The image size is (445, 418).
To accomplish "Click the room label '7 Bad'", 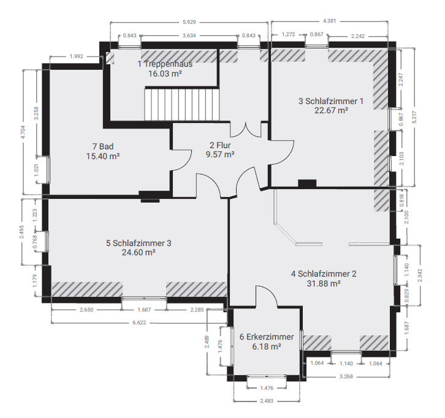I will (103, 146).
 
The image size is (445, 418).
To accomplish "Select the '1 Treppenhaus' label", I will (165, 64).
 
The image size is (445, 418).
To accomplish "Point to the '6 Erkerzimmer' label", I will (267, 337).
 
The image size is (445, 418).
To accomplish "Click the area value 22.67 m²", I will (331, 111).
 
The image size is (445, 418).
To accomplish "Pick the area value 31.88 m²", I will (323, 283).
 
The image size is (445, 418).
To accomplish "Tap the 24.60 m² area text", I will (139, 252).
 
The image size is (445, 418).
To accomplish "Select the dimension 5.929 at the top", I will (189, 23).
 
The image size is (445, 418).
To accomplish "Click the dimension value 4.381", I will (330, 21).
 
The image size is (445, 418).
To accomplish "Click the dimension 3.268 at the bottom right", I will (346, 376).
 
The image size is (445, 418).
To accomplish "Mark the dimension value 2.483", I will (266, 401).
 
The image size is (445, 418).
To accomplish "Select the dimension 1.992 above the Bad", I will (76, 56).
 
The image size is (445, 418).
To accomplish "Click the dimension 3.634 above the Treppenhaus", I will (189, 35).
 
